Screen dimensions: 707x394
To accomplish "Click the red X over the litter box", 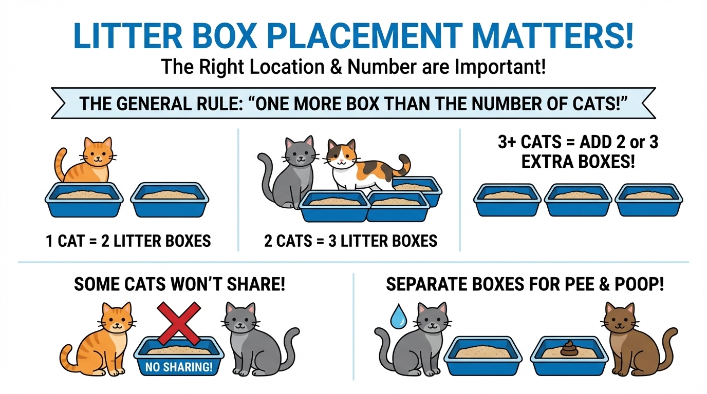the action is (x=179, y=323).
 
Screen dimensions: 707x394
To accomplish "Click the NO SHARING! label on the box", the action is (x=179, y=367).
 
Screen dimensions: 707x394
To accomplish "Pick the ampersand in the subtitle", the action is (x=336, y=67).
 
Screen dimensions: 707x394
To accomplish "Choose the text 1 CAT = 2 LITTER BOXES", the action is (x=128, y=241).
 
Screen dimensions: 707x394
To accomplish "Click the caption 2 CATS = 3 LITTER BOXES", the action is (x=350, y=241).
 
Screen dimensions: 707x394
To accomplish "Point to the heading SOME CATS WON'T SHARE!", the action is (x=180, y=284).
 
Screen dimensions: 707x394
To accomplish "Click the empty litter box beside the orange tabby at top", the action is (x=170, y=200).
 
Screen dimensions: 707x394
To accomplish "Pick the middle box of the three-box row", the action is (x=578, y=201).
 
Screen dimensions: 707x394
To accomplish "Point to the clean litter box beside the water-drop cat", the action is (x=483, y=356).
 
